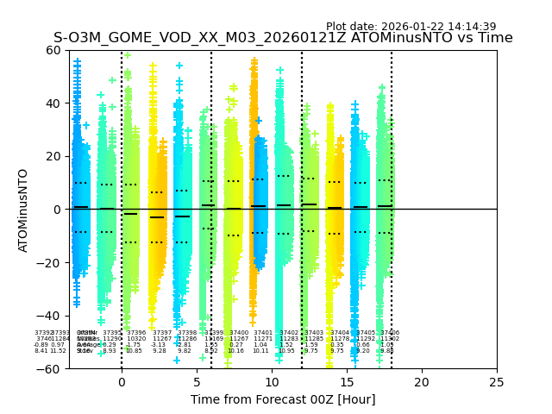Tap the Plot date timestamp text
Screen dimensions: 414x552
tap(411, 27)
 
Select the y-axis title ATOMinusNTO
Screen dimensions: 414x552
tap(24, 210)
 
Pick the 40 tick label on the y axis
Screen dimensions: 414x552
tap(53, 103)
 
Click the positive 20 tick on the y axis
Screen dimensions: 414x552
tap(53, 156)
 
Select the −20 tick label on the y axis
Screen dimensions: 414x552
tap(50, 262)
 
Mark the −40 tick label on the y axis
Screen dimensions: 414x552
tap(50, 316)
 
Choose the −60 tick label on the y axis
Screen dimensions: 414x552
tap(50, 368)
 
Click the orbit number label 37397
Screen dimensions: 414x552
tap(162, 333)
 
